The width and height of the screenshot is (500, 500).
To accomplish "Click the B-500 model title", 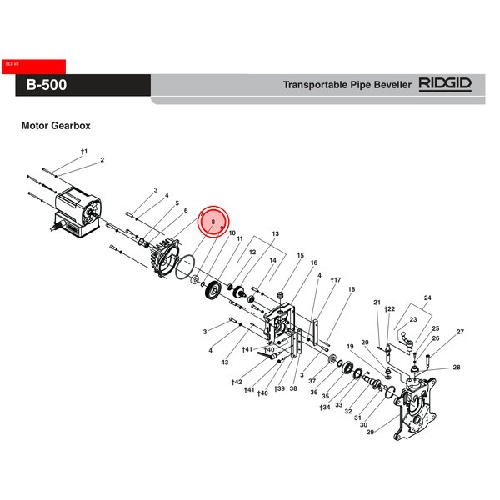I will pos(47,85).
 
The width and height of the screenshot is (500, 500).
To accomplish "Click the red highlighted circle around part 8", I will pos(213,222).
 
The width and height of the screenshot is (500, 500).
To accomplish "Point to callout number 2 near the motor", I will pos(102,159).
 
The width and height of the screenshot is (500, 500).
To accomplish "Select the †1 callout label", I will pos(83,151).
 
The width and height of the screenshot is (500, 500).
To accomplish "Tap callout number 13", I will pos(274,233).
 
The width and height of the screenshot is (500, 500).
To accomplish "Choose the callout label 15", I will pos(300,255).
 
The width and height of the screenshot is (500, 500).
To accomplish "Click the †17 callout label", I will pos(336,280).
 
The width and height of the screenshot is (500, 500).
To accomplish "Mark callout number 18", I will pos(351,289).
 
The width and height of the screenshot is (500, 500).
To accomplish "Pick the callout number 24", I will pos(427,298).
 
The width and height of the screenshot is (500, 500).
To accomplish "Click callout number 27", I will pos(459,332).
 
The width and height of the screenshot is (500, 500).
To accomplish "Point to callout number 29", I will pos(369,432).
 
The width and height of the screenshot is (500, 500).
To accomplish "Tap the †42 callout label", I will pos(237,381).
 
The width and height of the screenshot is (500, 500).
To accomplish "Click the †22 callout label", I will pos(388,309).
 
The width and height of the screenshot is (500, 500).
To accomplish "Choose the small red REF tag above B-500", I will pos(12,64).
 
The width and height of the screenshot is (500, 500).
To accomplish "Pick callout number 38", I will pos(293,388).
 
